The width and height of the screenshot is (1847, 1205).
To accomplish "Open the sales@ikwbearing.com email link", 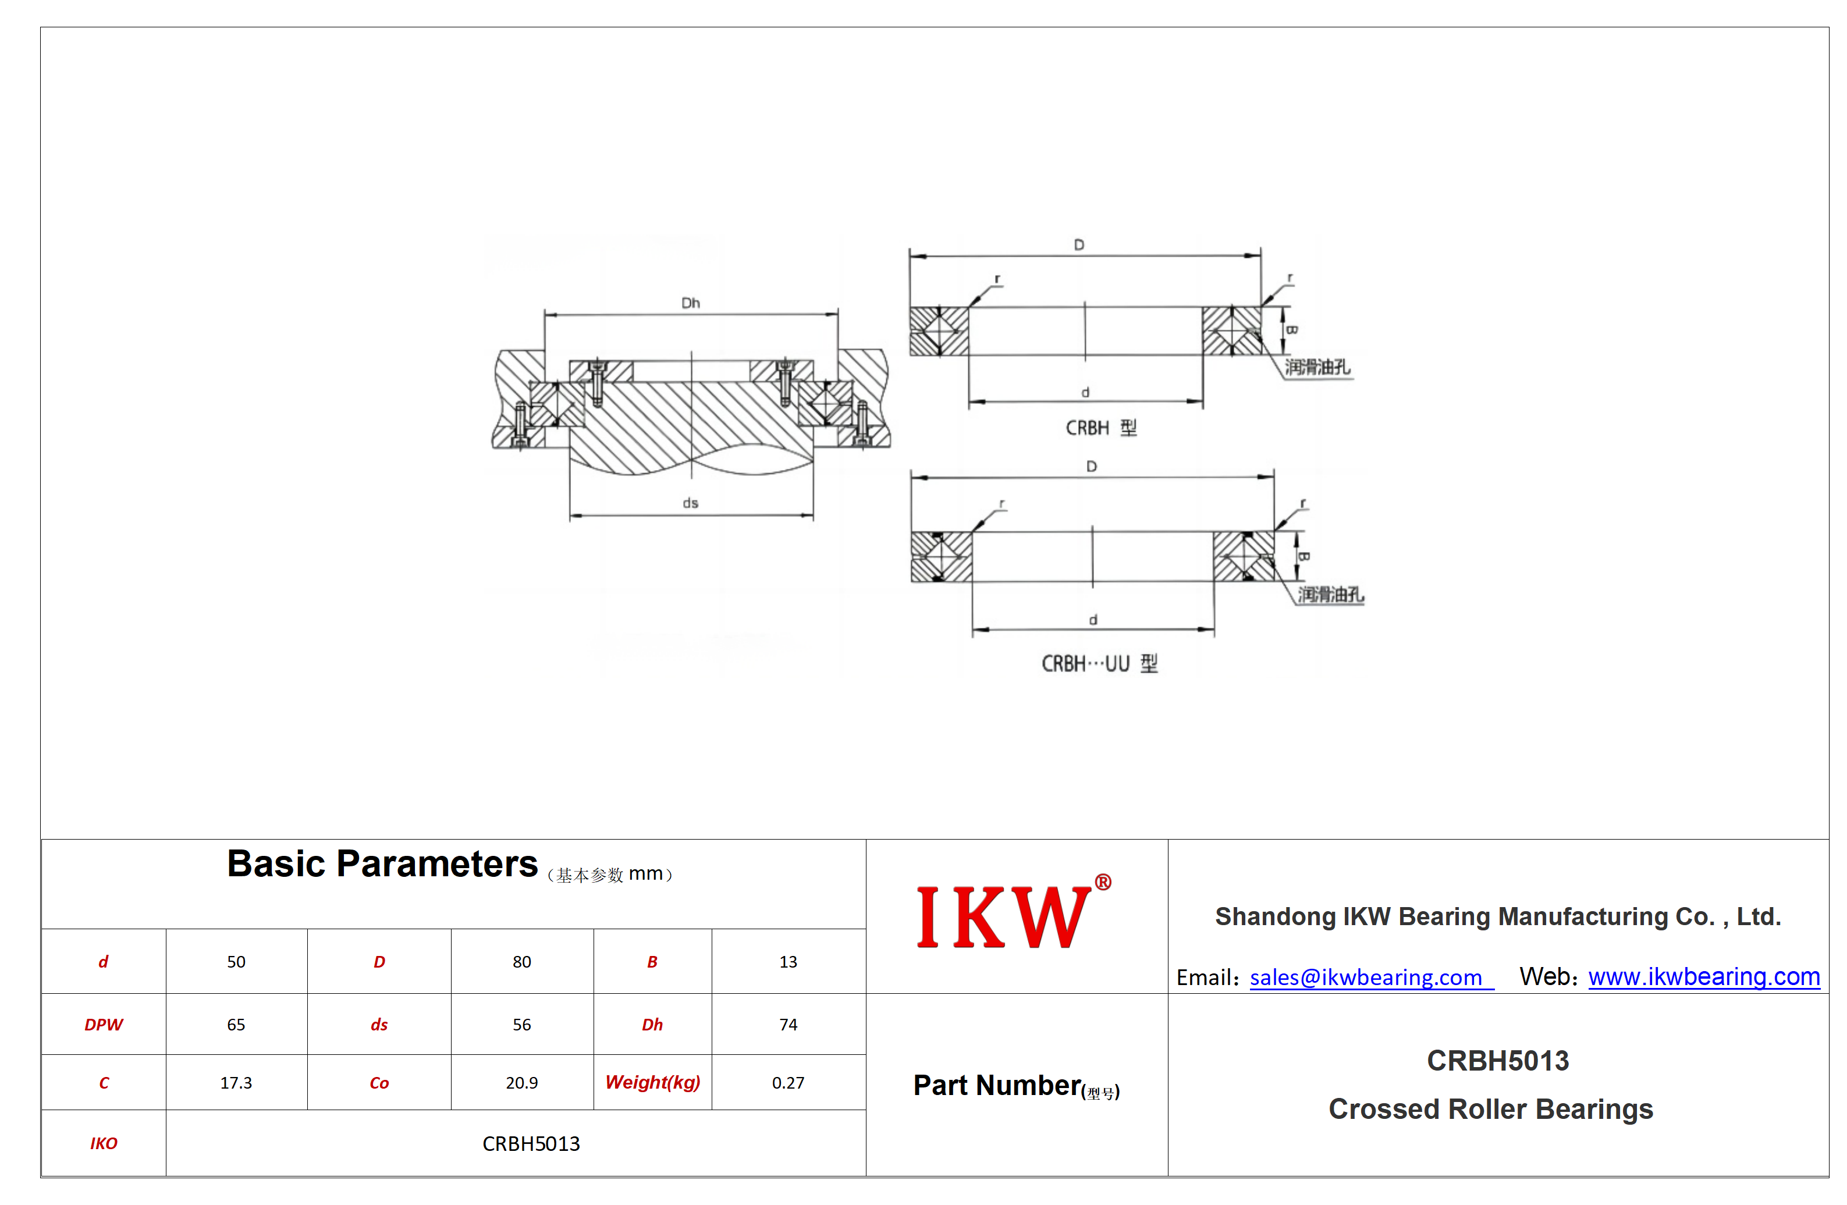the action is (x=1371, y=977).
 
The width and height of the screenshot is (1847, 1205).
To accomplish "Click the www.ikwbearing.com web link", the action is (x=1704, y=977).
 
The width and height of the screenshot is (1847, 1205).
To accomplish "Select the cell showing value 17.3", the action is (x=236, y=1082).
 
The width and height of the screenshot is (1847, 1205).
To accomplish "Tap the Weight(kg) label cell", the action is (x=653, y=1082).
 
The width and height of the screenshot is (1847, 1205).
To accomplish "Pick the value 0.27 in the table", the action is (x=788, y=1082).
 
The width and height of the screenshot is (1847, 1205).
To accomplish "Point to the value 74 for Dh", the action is (x=788, y=1024).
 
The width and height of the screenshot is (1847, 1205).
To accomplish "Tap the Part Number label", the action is (x=1016, y=1086).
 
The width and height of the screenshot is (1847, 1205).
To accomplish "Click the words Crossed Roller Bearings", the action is (x=1491, y=1110).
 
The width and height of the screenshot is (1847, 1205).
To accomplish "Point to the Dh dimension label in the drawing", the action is (x=691, y=303).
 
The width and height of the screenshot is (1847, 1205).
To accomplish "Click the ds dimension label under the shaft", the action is (x=691, y=503).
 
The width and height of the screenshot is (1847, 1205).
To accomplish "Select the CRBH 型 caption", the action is (x=1101, y=428).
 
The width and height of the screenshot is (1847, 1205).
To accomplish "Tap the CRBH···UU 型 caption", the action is (x=1100, y=663).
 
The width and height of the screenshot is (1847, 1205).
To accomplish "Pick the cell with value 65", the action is (x=236, y=1024).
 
